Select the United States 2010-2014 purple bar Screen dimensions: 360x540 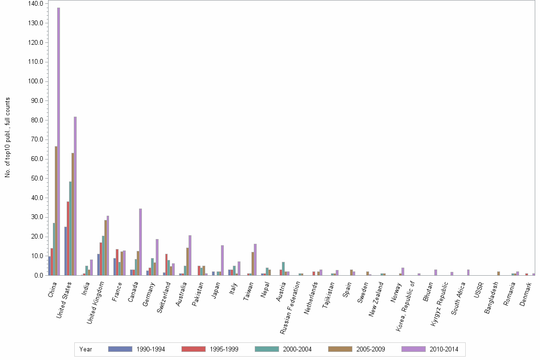(x=75, y=196)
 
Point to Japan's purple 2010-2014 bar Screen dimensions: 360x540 (x=222, y=260)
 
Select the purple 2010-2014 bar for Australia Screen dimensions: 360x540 (x=190, y=255)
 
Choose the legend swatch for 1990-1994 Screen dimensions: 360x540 (x=119, y=349)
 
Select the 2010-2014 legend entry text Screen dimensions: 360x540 (x=444, y=349)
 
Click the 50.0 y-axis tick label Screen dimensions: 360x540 (x=38, y=179)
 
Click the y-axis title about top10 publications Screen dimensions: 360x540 (x=8, y=138)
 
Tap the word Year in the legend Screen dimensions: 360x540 (x=86, y=349)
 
